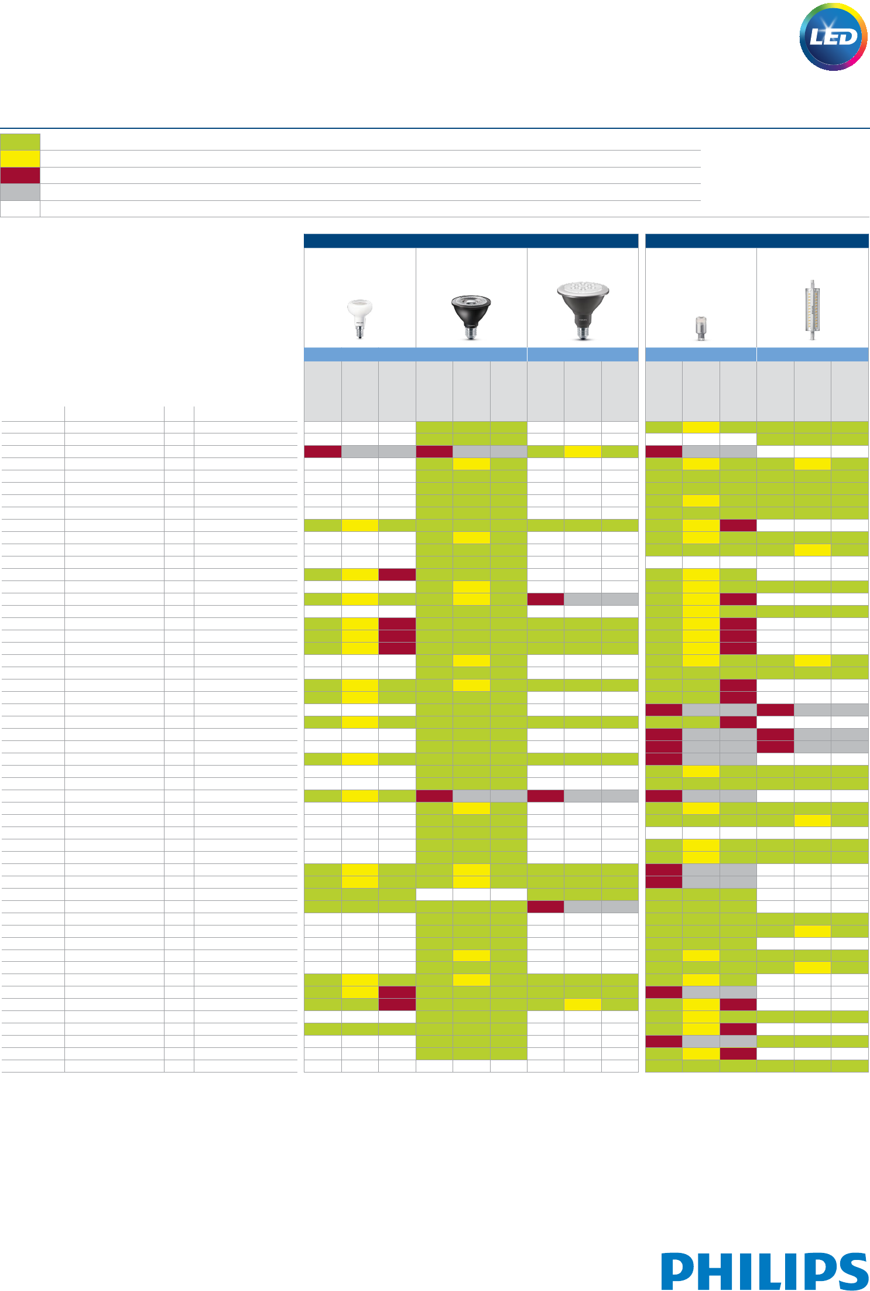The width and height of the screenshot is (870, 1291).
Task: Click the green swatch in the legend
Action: point(20,142)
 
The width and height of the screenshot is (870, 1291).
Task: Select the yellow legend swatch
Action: point(20,159)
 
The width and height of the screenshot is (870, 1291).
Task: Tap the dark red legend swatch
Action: point(20,176)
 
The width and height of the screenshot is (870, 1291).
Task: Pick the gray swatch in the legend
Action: point(20,192)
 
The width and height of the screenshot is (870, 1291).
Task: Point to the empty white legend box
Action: point(20,209)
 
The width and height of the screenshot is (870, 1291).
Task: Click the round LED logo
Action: point(833,37)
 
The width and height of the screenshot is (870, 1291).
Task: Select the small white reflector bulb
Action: point(359,316)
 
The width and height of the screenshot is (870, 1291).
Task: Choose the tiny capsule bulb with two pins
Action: point(700,327)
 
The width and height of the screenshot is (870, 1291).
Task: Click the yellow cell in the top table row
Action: point(701,427)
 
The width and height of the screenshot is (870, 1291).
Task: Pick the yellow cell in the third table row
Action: point(583,452)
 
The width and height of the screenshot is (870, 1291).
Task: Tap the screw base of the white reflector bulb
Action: point(359,332)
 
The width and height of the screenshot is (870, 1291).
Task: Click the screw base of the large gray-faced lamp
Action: point(582,332)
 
